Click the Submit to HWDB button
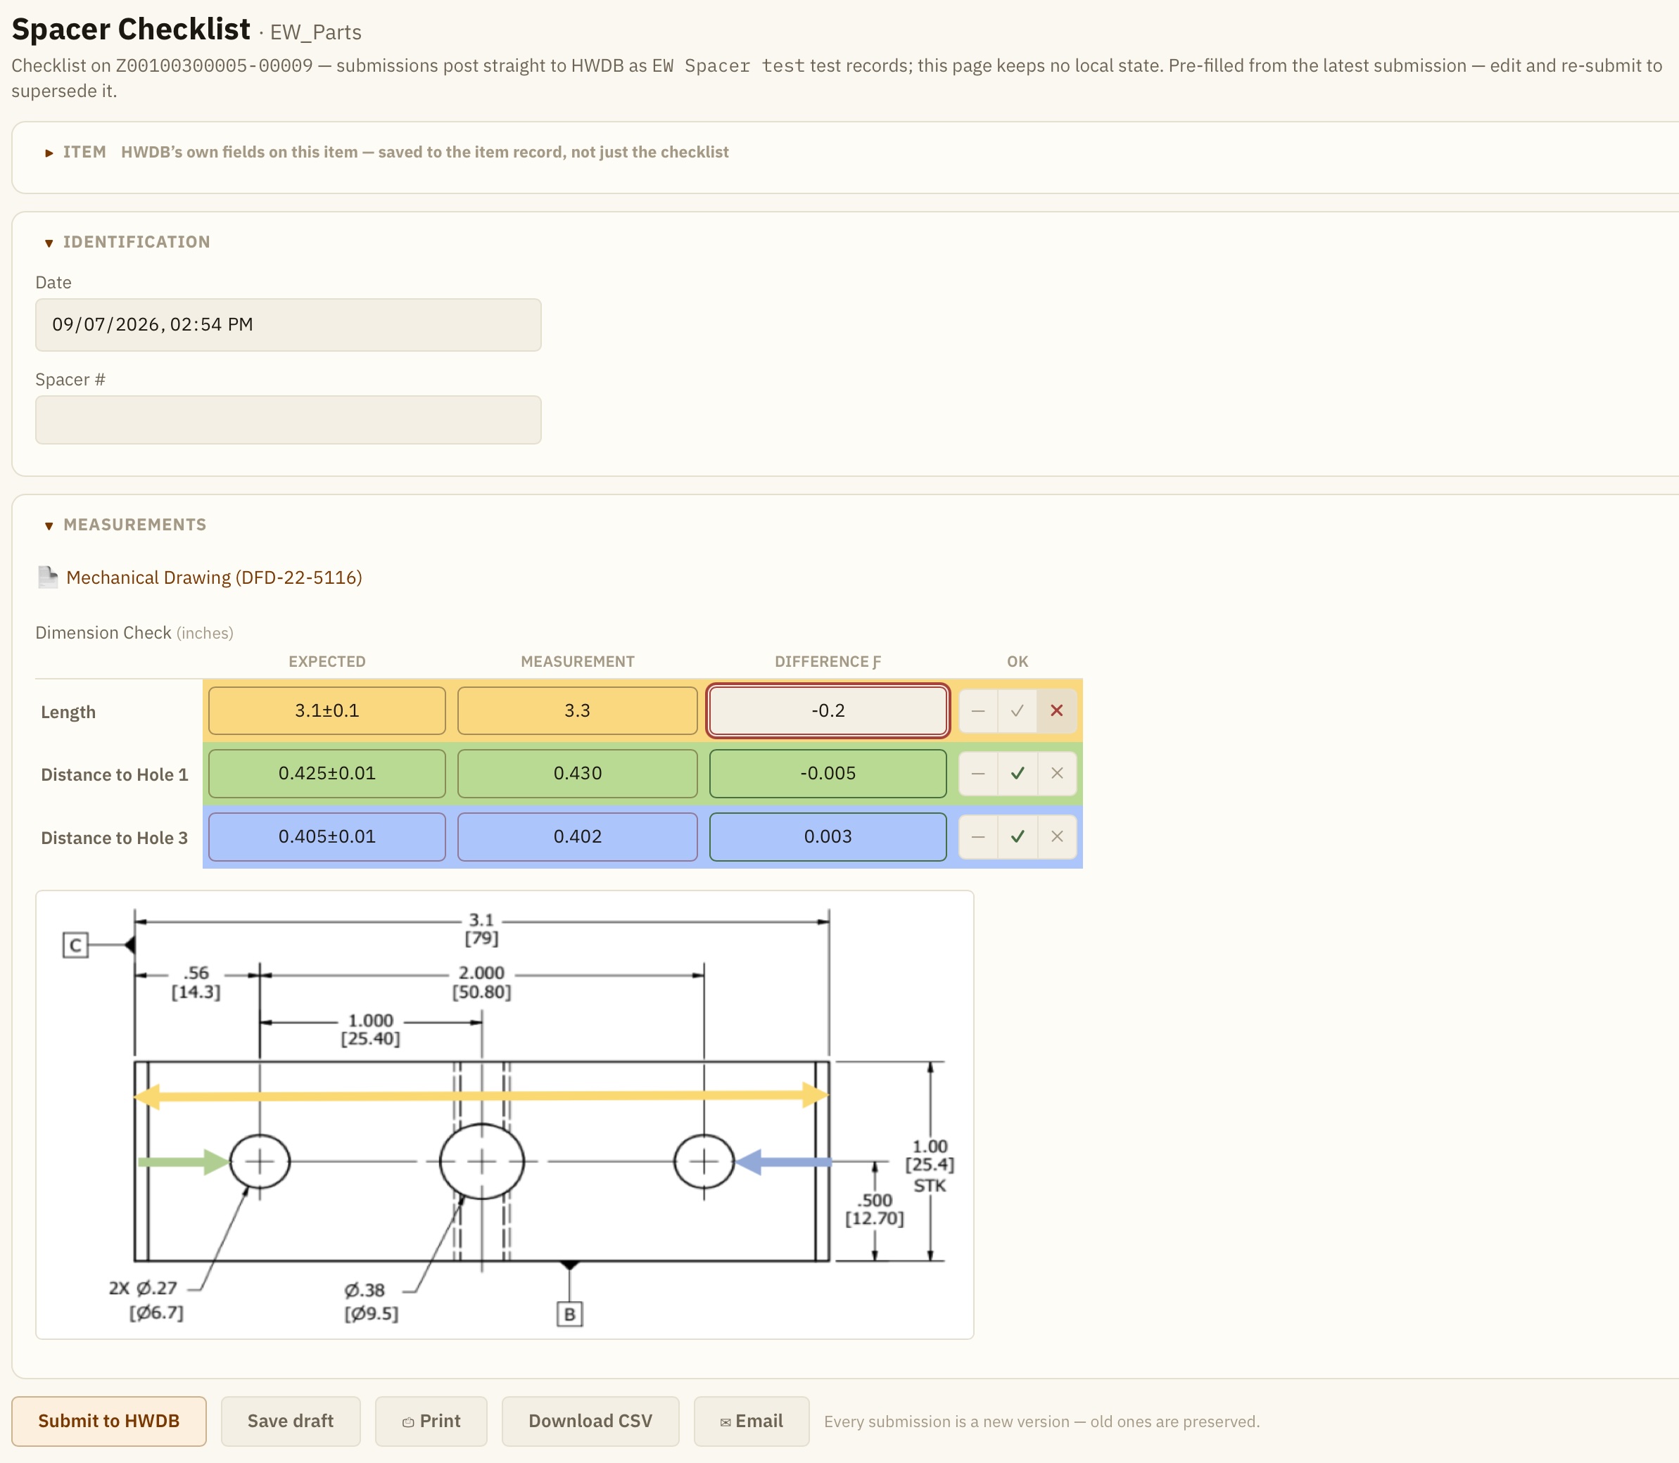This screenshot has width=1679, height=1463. tap(108, 1422)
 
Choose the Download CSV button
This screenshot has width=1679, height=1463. tap(590, 1422)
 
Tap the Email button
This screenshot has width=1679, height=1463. tap(752, 1422)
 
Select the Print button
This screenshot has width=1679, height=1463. tap(431, 1422)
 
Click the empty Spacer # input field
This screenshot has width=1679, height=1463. tap(289, 420)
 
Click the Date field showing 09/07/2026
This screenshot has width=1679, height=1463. tap(289, 325)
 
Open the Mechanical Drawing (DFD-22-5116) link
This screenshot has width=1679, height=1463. tap(214, 578)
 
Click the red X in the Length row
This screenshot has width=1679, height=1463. tap(1057, 710)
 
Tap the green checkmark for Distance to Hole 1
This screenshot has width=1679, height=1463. tap(1018, 773)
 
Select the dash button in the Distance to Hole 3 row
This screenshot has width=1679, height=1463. tap(978, 837)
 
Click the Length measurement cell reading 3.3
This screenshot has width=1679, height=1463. tap(577, 710)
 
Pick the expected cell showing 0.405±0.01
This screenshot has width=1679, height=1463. tap(327, 837)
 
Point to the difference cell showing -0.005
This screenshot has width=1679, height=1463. tap(828, 773)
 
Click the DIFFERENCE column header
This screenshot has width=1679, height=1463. tap(828, 661)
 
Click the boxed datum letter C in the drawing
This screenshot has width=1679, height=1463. tap(76, 945)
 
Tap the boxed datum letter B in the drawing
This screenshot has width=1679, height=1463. tap(570, 1315)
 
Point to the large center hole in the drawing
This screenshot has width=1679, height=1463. tap(482, 1161)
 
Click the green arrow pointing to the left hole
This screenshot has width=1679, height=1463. tap(184, 1162)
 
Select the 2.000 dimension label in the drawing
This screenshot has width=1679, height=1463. tap(482, 973)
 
